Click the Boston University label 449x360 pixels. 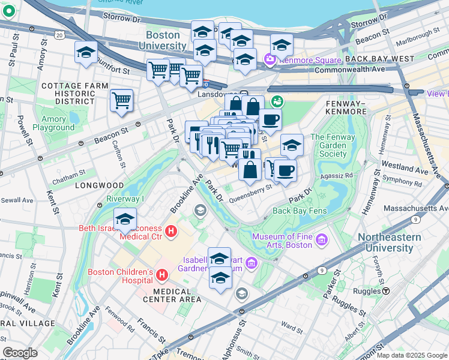coord(163,40)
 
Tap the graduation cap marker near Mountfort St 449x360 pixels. coord(86,52)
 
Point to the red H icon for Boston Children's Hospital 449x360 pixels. coord(161,275)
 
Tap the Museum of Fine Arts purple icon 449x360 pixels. coord(322,240)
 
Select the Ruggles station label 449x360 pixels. coord(368,290)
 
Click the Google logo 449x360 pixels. coord(20,353)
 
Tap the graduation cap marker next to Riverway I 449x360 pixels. coord(125,219)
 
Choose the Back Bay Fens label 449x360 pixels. coord(298,211)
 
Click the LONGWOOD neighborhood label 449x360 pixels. coord(99,185)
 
